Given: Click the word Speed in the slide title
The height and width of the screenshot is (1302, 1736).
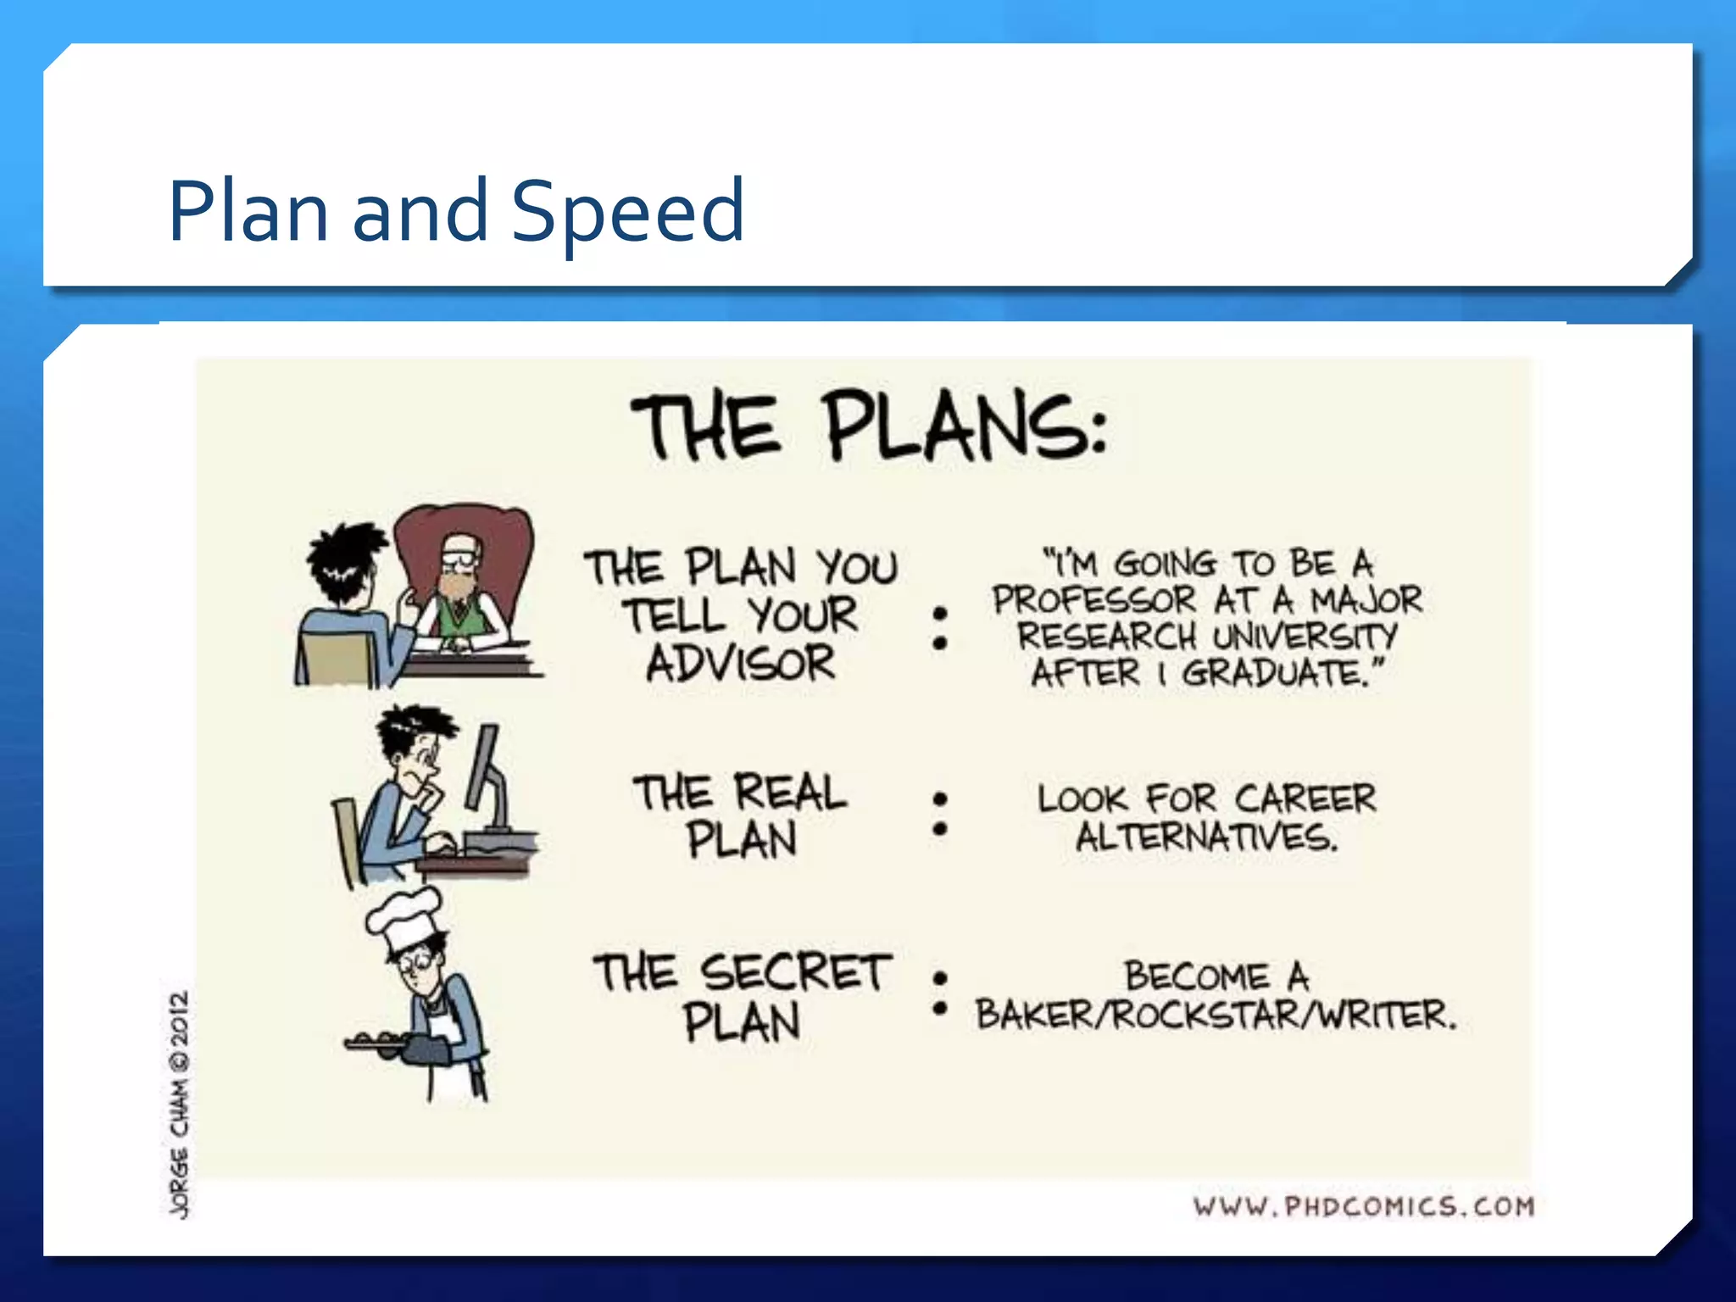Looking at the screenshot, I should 627,212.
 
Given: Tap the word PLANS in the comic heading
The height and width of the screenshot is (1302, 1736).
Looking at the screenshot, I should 966,427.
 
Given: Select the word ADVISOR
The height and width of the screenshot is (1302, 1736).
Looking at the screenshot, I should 741,664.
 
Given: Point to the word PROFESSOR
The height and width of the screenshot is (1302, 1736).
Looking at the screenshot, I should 1094,600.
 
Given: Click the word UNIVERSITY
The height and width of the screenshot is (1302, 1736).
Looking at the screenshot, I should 1305,636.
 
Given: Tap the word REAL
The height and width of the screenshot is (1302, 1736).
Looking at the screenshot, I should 790,793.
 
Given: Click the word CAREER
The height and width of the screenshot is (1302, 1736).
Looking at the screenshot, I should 1305,798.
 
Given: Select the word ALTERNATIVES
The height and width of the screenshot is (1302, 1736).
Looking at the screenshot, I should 1206,837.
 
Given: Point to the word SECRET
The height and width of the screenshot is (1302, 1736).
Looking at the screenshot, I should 796,973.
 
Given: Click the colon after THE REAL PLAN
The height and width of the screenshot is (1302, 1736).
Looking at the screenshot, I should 939,814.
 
